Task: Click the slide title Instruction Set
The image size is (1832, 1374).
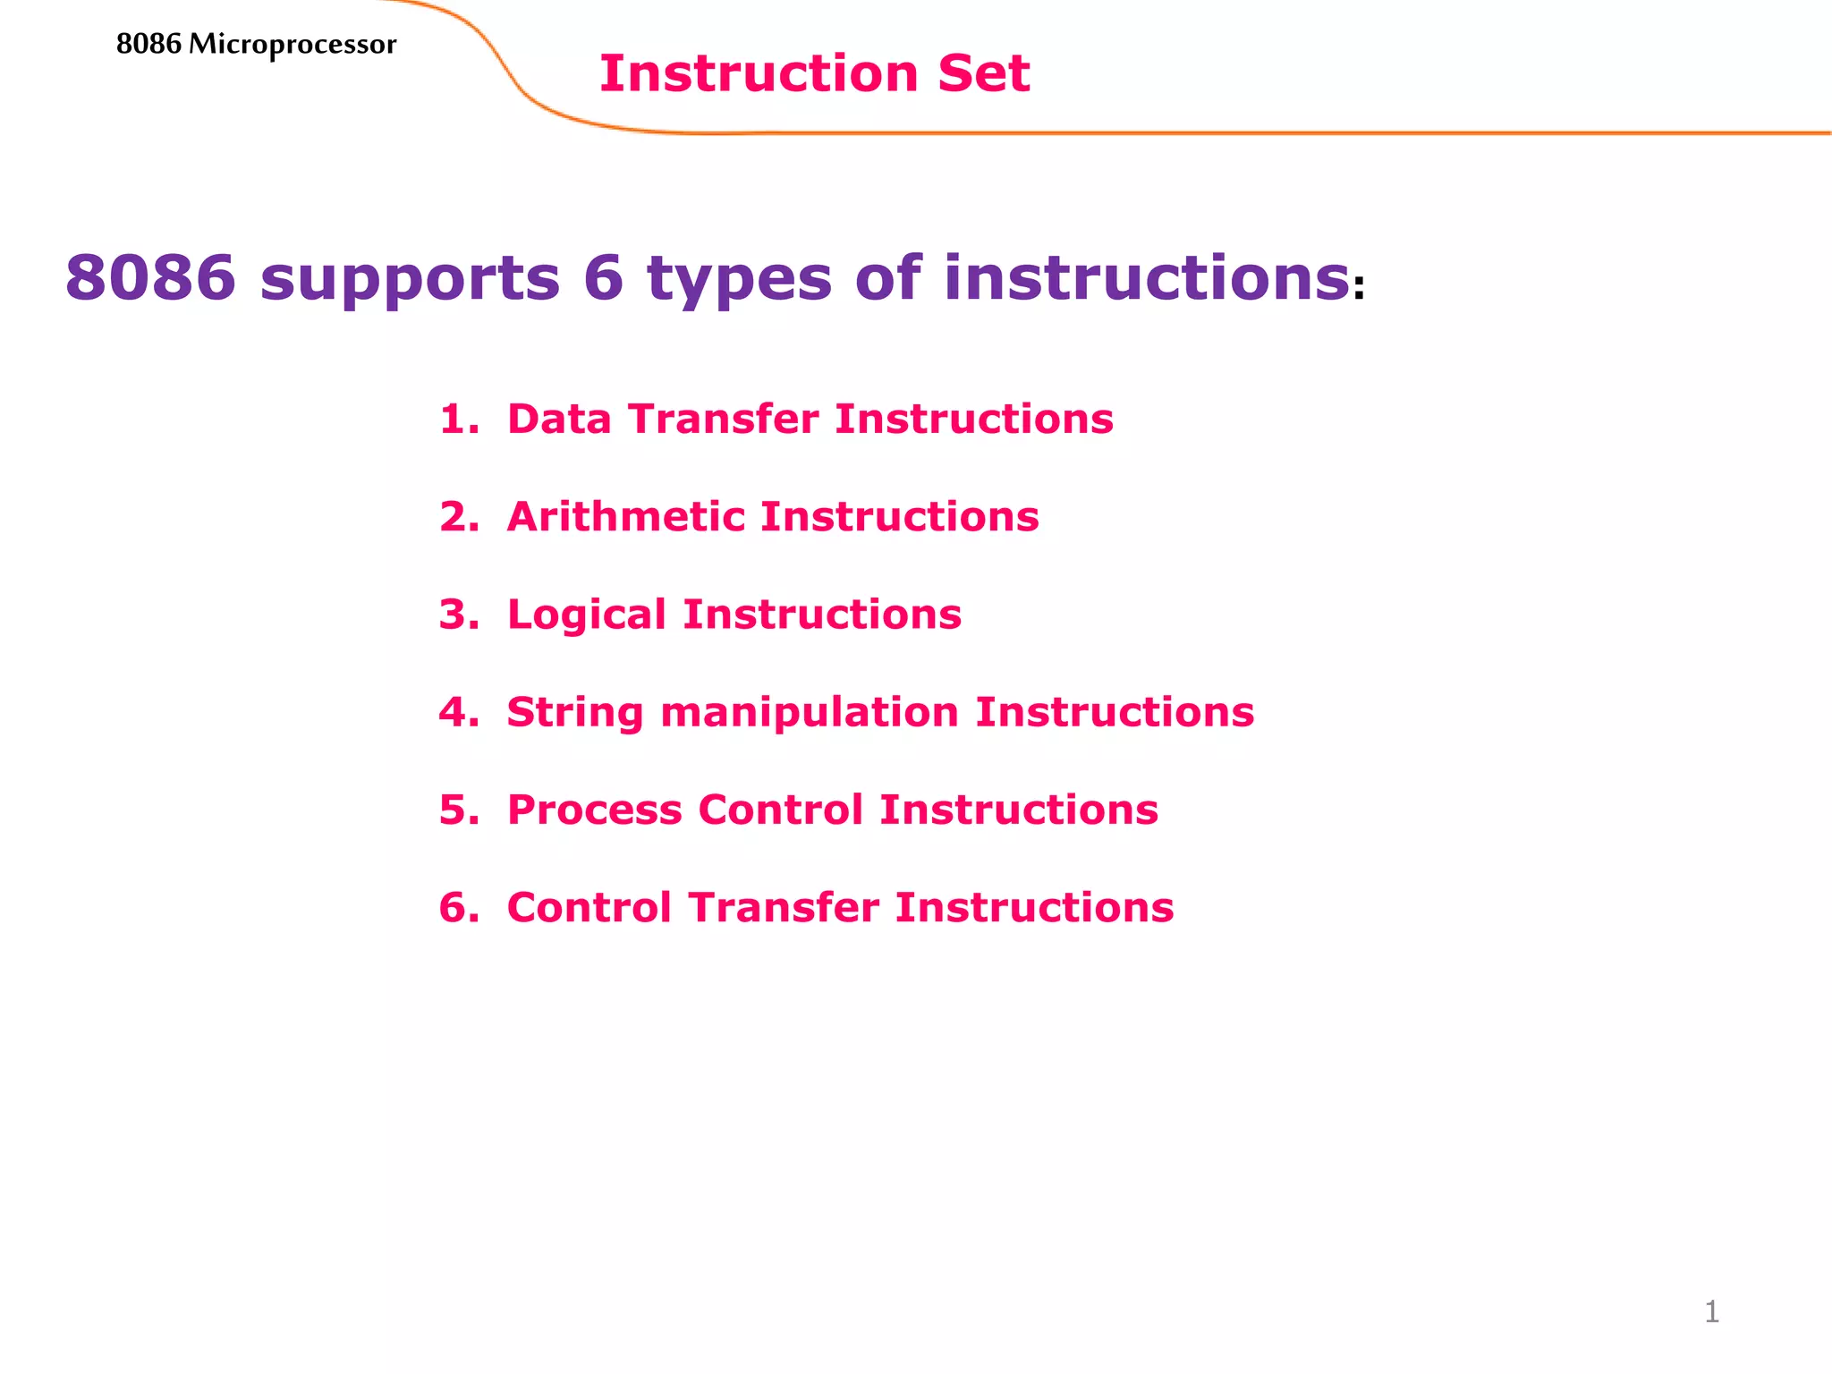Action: pos(814,73)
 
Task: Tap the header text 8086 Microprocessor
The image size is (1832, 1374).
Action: pos(256,44)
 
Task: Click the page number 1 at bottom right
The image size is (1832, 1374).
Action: pos(1711,1312)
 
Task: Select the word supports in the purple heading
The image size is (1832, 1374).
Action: pos(410,278)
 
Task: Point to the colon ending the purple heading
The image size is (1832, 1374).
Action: pos(1359,289)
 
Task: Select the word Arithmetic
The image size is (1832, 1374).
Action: pos(626,517)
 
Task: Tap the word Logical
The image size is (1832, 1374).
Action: pos(586,615)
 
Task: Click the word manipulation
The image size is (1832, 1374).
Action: pos(810,713)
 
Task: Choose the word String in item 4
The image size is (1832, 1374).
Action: pos(575,713)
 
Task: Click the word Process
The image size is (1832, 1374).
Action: pos(594,810)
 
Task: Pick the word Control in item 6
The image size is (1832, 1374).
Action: pos(589,907)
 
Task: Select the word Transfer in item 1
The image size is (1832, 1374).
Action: pos(723,419)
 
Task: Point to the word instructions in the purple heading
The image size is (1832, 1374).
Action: pos(1146,277)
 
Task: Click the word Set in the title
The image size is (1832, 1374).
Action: pos(983,73)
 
